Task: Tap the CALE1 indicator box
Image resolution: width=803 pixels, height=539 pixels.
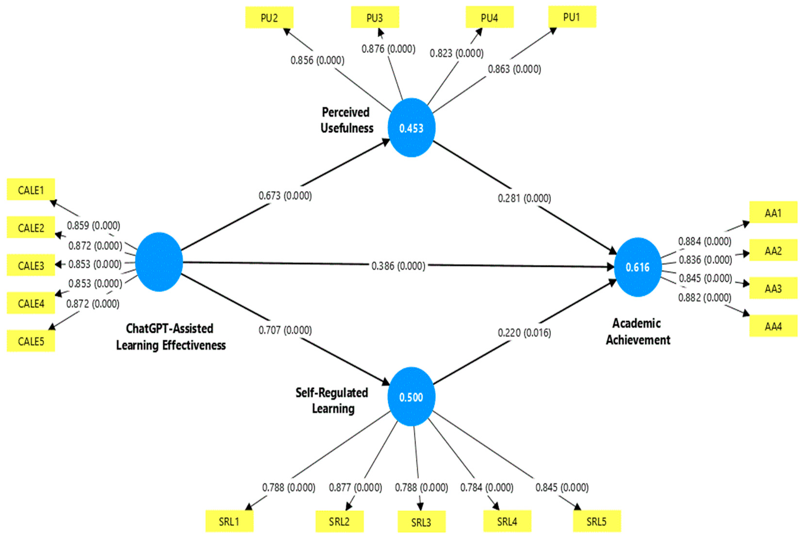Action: click(x=31, y=190)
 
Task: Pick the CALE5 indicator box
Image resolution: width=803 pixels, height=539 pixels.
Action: click(x=31, y=341)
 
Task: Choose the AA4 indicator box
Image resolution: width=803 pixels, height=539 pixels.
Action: click(x=773, y=326)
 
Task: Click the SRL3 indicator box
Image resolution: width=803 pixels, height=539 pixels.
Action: click(x=421, y=522)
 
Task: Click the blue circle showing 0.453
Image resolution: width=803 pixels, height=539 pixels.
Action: click(x=411, y=128)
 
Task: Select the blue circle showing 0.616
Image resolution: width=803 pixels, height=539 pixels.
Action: click(x=638, y=267)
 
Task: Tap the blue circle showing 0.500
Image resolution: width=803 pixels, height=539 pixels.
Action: click(x=411, y=397)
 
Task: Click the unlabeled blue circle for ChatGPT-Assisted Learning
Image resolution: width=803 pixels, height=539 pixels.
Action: click(x=159, y=262)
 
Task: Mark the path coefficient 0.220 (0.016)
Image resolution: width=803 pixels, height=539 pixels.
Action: click(x=524, y=333)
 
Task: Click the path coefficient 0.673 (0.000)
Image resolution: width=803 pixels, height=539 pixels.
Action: click(x=285, y=196)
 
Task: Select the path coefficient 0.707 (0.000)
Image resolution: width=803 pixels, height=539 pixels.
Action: click(x=285, y=330)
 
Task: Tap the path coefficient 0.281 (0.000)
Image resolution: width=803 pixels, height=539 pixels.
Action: click(x=524, y=198)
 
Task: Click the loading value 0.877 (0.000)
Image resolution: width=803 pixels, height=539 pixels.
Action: click(x=355, y=487)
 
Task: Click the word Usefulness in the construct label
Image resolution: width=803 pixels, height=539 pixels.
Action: click(x=347, y=128)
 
